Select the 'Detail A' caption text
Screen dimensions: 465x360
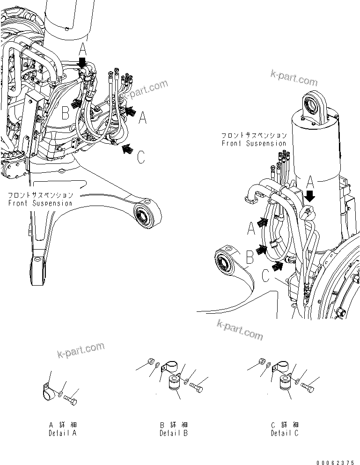tap(63, 433)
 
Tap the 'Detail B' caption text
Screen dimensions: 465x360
tap(174, 433)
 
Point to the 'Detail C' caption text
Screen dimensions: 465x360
tap(284, 433)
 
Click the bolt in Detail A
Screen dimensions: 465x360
tap(71, 399)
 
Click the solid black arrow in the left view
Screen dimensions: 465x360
tap(82, 62)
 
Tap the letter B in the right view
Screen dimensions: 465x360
tap(250, 257)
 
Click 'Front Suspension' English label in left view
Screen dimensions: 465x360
tap(40, 203)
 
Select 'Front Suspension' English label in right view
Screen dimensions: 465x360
tap(254, 143)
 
